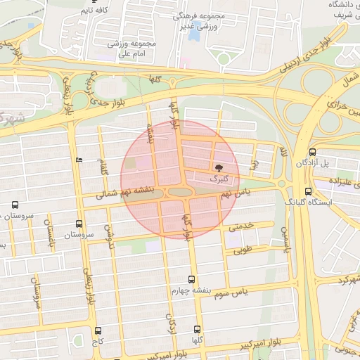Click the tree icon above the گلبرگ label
pyautogui.click(x=218, y=169)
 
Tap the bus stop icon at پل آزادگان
pyautogui.click(x=312, y=152)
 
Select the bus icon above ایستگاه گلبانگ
pyautogui.click(x=308, y=191)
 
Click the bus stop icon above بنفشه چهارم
pyautogui.click(x=192, y=279)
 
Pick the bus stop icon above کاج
pyautogui.click(x=98, y=330)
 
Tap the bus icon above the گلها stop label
pyautogui.click(x=198, y=329)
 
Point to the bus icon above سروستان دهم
pyautogui.click(x=15, y=205)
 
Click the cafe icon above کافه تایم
pyautogui.click(x=94, y=2)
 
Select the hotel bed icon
pyautogui.click(x=78, y=160)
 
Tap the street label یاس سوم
pyautogui.click(x=250, y=291)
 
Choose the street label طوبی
pyautogui.click(x=242, y=248)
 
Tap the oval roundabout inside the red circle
pyautogui.click(x=180, y=192)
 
